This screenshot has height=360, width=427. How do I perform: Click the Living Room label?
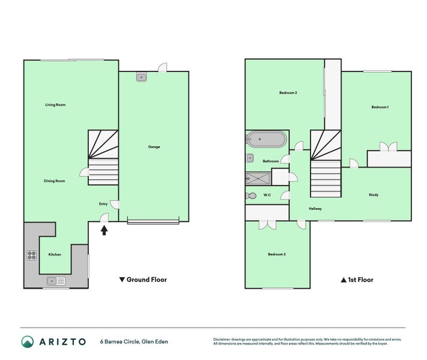(x=55, y=105)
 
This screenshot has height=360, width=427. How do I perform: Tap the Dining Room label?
(x=54, y=181)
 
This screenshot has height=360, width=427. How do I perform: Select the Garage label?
(x=154, y=147)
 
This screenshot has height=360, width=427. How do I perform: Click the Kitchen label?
(x=55, y=254)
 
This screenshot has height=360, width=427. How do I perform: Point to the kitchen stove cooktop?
(x=32, y=255)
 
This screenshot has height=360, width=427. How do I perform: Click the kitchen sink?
(x=56, y=280)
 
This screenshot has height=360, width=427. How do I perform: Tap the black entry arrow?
(x=104, y=229)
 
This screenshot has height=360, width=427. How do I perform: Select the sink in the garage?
(x=141, y=77)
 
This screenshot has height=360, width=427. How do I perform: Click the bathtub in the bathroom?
(x=265, y=140)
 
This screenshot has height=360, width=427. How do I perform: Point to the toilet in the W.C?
(x=252, y=196)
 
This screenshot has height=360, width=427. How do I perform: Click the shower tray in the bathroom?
(x=258, y=178)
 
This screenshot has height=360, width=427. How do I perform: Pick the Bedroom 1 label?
(x=380, y=107)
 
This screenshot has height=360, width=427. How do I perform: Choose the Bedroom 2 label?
(x=288, y=93)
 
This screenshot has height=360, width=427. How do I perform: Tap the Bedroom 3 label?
(x=276, y=254)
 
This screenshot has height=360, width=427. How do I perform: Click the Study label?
(x=374, y=195)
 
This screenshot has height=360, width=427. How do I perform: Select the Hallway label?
(x=315, y=209)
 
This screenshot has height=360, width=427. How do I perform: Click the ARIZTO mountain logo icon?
(x=28, y=342)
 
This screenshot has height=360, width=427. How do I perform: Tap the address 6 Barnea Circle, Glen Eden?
(x=134, y=342)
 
